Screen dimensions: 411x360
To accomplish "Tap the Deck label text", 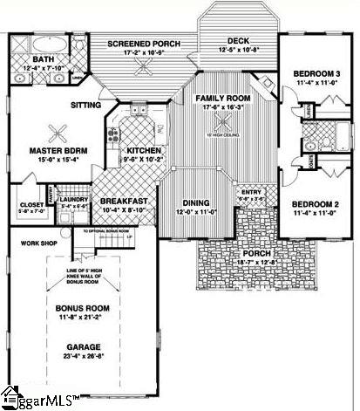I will point(239,41).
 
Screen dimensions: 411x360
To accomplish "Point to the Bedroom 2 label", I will point(314,202).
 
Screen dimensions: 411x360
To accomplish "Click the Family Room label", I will point(223,98).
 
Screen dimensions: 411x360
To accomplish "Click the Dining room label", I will point(194,202).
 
